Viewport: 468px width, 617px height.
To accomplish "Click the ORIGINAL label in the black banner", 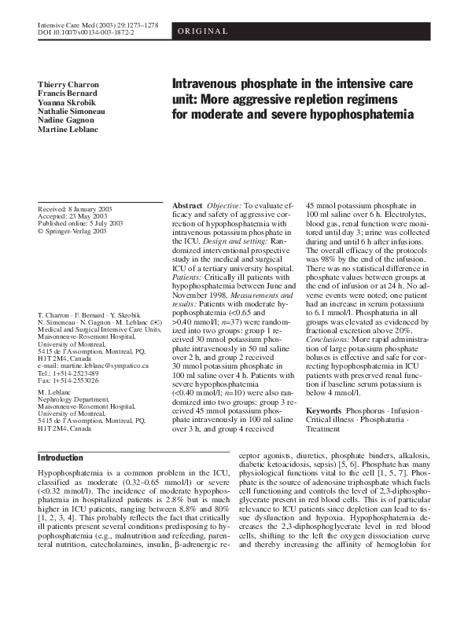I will pos(203,31).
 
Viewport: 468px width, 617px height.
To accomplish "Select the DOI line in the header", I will pos(87,34).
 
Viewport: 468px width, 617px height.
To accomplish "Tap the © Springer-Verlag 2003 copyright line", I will pos(72,231).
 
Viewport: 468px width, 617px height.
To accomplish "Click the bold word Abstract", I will pos(187,205).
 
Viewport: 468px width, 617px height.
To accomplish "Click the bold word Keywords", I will pos(323,411).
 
